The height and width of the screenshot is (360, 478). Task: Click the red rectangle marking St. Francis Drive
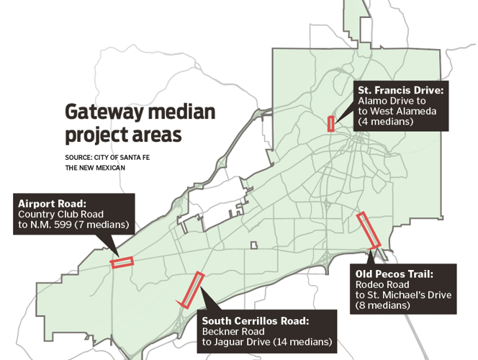[x=331, y=123]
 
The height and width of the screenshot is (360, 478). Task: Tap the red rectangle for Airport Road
[x=122, y=262]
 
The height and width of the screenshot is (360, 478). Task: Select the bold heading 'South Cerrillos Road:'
[x=255, y=320]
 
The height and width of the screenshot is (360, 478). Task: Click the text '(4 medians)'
[x=385, y=122]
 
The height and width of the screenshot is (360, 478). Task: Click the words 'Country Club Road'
[x=61, y=215]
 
